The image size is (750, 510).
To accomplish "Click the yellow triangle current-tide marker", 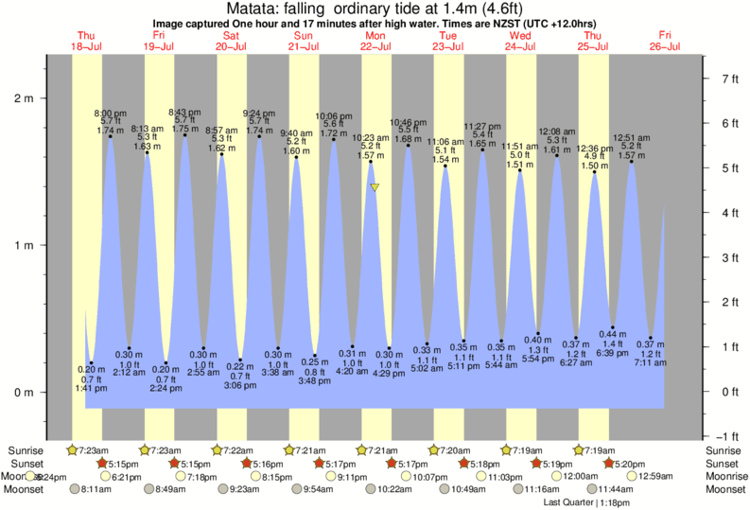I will (x=375, y=187).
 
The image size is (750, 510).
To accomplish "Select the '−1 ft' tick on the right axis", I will (x=724, y=436).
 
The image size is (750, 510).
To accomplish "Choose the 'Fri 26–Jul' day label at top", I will (x=666, y=41).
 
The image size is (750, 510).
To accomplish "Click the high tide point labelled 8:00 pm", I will (x=111, y=136).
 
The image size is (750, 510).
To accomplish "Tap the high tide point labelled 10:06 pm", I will (x=333, y=140).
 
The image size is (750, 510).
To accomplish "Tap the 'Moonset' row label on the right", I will (x=724, y=489).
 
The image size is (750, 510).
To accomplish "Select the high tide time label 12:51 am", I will (x=631, y=137).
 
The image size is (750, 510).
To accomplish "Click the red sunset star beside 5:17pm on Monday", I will (x=392, y=464).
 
